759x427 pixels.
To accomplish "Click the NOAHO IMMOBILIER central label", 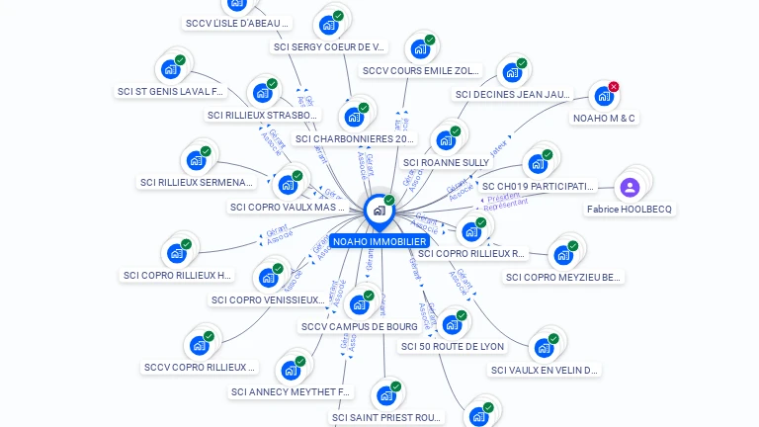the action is pyautogui.click(x=379, y=241).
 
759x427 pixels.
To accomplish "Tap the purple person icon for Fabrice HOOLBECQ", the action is pyautogui.click(x=631, y=187).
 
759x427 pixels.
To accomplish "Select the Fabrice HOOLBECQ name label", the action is pyautogui.click(x=630, y=210).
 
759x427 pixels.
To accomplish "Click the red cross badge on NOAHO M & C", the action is pyautogui.click(x=614, y=87).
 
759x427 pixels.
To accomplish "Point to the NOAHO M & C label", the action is pyautogui.click(x=605, y=119).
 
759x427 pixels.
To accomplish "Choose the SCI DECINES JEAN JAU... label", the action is pyautogui.click(x=513, y=95).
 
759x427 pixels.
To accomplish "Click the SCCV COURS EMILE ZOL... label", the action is pyautogui.click(x=421, y=71).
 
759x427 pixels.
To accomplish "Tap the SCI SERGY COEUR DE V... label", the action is pyautogui.click(x=329, y=46).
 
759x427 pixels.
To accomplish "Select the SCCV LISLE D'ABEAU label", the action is pyautogui.click(x=237, y=23).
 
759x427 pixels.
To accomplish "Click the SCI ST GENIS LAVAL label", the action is pyautogui.click(x=171, y=92).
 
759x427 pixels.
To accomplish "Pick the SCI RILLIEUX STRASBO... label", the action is pyautogui.click(x=263, y=116).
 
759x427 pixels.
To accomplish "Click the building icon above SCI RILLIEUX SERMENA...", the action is pyautogui.click(x=196, y=159).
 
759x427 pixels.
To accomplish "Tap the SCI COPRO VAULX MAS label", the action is pyautogui.click(x=288, y=208).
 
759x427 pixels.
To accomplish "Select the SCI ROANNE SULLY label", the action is pyautogui.click(x=446, y=162).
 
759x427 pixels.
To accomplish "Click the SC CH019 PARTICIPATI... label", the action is pyautogui.click(x=538, y=186).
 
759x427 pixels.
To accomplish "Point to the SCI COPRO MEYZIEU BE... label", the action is pyautogui.click(x=564, y=278).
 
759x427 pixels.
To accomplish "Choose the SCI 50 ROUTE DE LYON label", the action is pyautogui.click(x=452, y=347).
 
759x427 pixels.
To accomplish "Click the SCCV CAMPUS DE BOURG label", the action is pyautogui.click(x=359, y=327).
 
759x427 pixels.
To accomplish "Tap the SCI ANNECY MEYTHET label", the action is pyautogui.click(x=291, y=392).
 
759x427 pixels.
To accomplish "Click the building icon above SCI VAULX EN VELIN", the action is pyautogui.click(x=544, y=347).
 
